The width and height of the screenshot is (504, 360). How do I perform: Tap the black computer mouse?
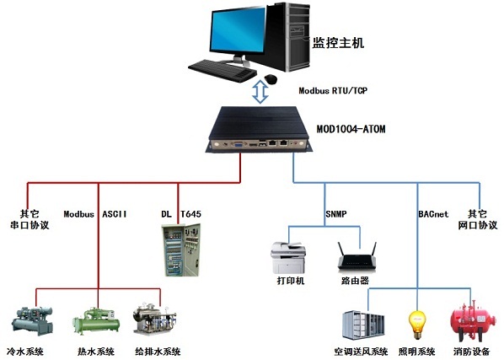tap(271, 78)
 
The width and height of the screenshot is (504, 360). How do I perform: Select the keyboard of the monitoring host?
tap(223, 70)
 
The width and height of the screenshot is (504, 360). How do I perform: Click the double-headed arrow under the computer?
tap(260, 92)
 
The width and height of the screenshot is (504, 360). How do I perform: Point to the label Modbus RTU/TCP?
tap(333, 91)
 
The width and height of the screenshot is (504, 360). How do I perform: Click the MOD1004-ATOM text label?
tap(351, 129)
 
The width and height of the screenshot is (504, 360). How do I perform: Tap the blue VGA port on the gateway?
tap(239, 144)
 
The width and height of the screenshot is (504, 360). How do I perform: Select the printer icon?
tap(288, 257)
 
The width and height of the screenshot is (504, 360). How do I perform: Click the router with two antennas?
tap(357, 256)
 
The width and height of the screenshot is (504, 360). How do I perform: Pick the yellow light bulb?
tap(417, 324)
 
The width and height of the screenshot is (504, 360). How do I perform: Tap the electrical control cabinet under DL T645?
tap(181, 250)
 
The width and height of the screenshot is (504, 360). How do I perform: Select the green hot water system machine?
tap(96, 322)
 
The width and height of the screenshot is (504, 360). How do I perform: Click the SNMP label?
tap(336, 214)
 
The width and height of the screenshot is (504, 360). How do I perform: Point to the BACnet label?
tap(433, 214)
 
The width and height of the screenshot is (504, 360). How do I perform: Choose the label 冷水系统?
tap(25, 352)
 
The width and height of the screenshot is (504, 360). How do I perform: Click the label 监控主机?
tap(338, 43)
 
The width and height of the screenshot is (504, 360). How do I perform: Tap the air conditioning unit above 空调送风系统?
tap(363, 325)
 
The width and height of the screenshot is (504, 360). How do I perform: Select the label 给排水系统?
tap(158, 352)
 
